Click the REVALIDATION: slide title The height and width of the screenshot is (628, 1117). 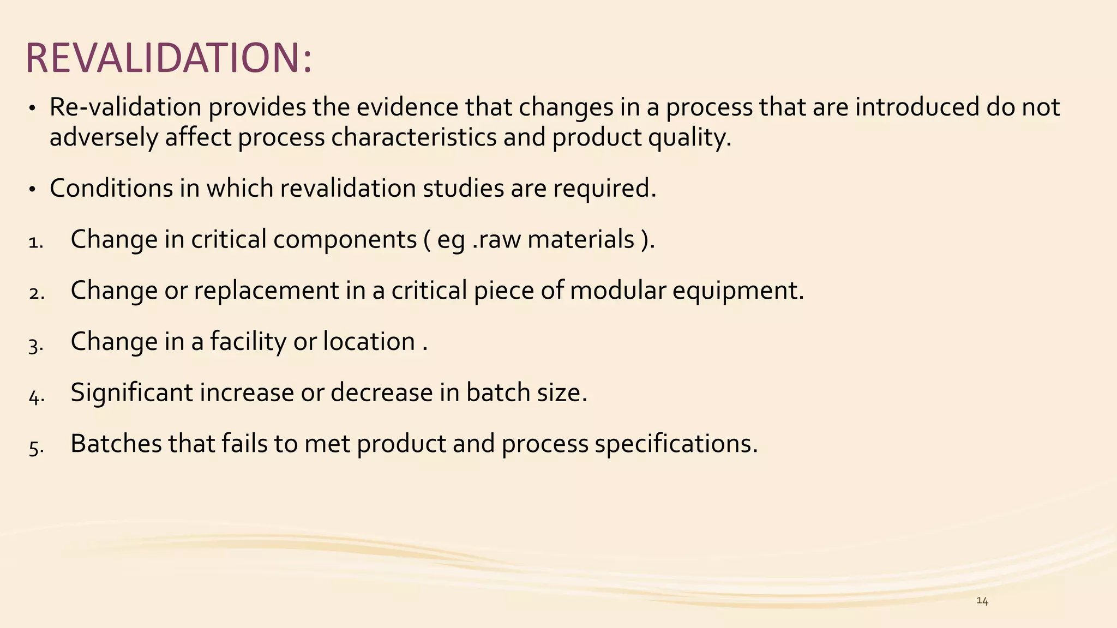[x=169, y=58]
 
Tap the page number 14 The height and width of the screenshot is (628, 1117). [x=982, y=601]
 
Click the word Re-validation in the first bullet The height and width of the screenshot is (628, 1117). [x=125, y=107]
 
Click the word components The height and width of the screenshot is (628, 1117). [x=345, y=240]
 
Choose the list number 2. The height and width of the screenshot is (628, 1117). [x=37, y=293]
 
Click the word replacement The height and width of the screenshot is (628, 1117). [x=266, y=291]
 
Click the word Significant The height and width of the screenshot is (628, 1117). [x=131, y=393]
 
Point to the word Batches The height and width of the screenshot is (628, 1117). [x=116, y=444]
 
